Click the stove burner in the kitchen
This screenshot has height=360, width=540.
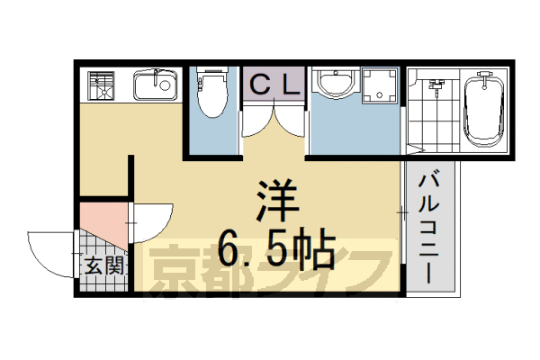(101, 87)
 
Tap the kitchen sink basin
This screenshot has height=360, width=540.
(155, 87)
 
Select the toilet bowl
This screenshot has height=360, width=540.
(211, 94)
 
